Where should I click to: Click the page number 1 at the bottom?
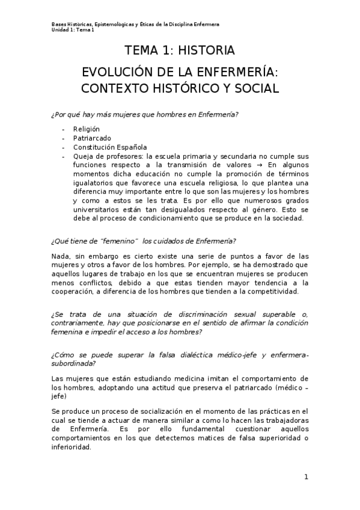pyautogui.click(x=306, y=477)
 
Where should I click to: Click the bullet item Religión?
pyautogui.click(x=87, y=129)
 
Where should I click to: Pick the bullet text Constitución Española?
pyautogui.click(x=110, y=147)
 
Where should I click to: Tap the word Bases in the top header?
pyautogui.click(x=59, y=24)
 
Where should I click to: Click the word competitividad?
pyautogui.click(x=273, y=291)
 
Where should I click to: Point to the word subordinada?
pyautogui.click(x=74, y=363)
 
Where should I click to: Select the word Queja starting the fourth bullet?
pyautogui.click(x=84, y=156)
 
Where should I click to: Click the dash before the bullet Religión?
pyautogui.click(x=64, y=129)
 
